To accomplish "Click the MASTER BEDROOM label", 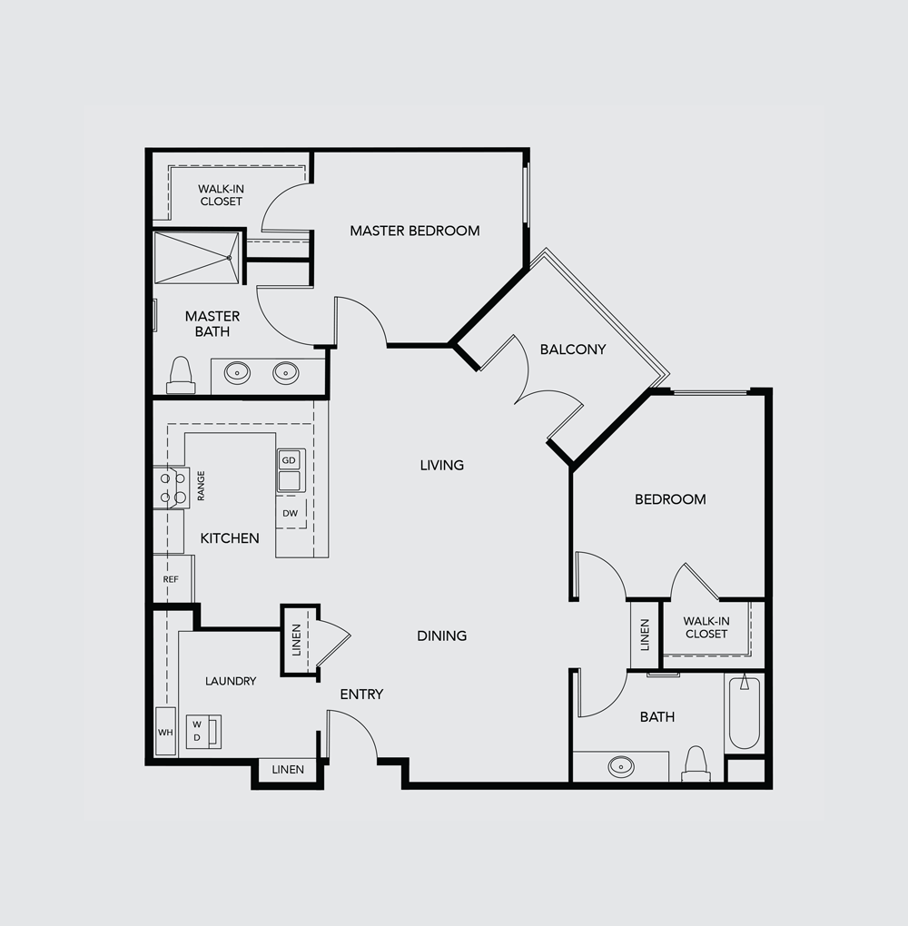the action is tap(415, 231).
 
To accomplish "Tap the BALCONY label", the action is tap(573, 349).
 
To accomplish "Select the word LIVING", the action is tap(442, 466).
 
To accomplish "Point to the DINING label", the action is tap(442, 635).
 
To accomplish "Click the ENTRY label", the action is tap(361, 694).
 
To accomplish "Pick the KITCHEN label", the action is tap(230, 538).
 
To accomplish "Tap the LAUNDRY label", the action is tap(231, 681).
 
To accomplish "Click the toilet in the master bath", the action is tap(181, 375).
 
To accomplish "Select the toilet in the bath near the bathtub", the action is tap(696, 763).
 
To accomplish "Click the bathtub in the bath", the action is tap(745, 714).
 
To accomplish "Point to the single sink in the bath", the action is tap(621, 766).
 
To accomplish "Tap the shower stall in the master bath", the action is tap(197, 258).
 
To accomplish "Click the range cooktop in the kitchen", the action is tap(173, 488).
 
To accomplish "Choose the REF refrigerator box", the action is tap(173, 579).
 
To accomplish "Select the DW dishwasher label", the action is tap(290, 513).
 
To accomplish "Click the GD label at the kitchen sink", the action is tap(289, 460).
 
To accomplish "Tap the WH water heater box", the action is tap(165, 731).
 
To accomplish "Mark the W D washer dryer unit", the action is tap(203, 732).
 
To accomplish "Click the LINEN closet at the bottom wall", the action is tap(288, 770).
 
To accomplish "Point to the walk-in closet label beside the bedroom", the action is tap(706, 627).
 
